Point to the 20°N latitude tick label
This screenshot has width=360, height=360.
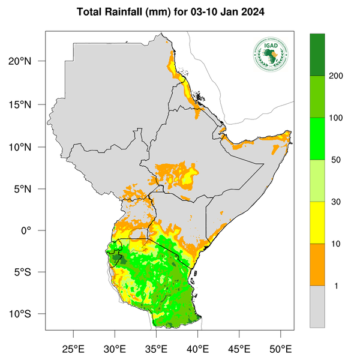point(28,61)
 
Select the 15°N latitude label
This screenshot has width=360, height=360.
point(28,105)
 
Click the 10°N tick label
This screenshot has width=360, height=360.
point(28,147)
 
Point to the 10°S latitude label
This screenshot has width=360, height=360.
point(28,314)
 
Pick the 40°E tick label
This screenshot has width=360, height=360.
point(197,349)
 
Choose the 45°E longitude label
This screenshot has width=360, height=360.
point(239,349)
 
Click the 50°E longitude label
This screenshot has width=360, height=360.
point(280,349)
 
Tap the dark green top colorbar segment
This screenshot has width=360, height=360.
point(317,55)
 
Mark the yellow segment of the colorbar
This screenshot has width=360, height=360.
point(317,223)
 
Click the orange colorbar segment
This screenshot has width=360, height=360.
point(317,265)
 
